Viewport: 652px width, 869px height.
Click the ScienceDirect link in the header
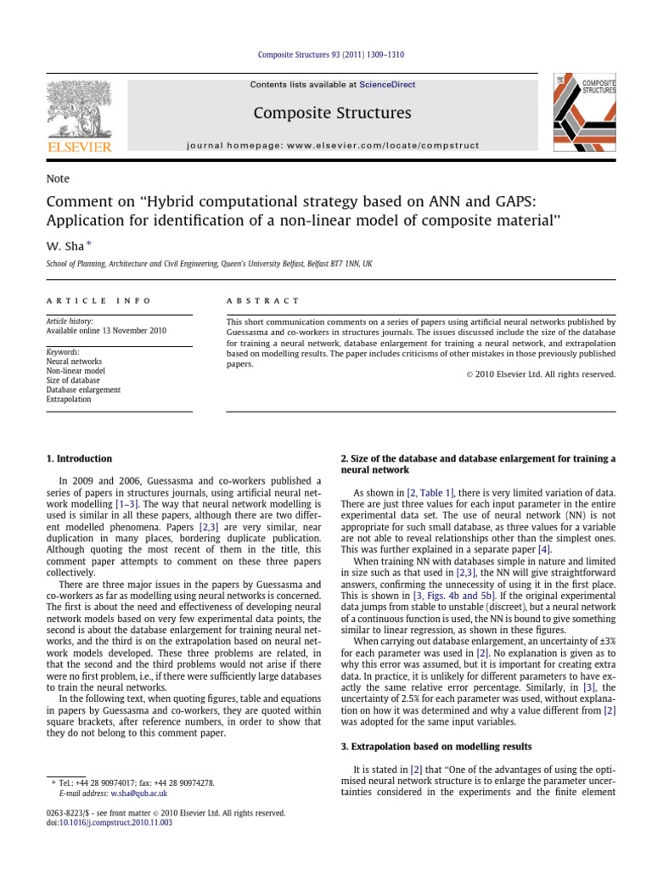pos(387,85)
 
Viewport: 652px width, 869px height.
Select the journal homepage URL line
pos(332,146)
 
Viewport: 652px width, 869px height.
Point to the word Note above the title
pos(58,179)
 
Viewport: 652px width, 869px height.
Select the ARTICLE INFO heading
pos(98,300)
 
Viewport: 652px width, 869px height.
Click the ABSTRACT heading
pos(262,300)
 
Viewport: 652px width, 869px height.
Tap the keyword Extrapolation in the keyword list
pos(69,399)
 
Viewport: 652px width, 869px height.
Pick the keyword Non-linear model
pos(76,371)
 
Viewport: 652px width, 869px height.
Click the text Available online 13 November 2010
pos(106,332)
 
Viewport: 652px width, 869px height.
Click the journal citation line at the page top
pos(331,56)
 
